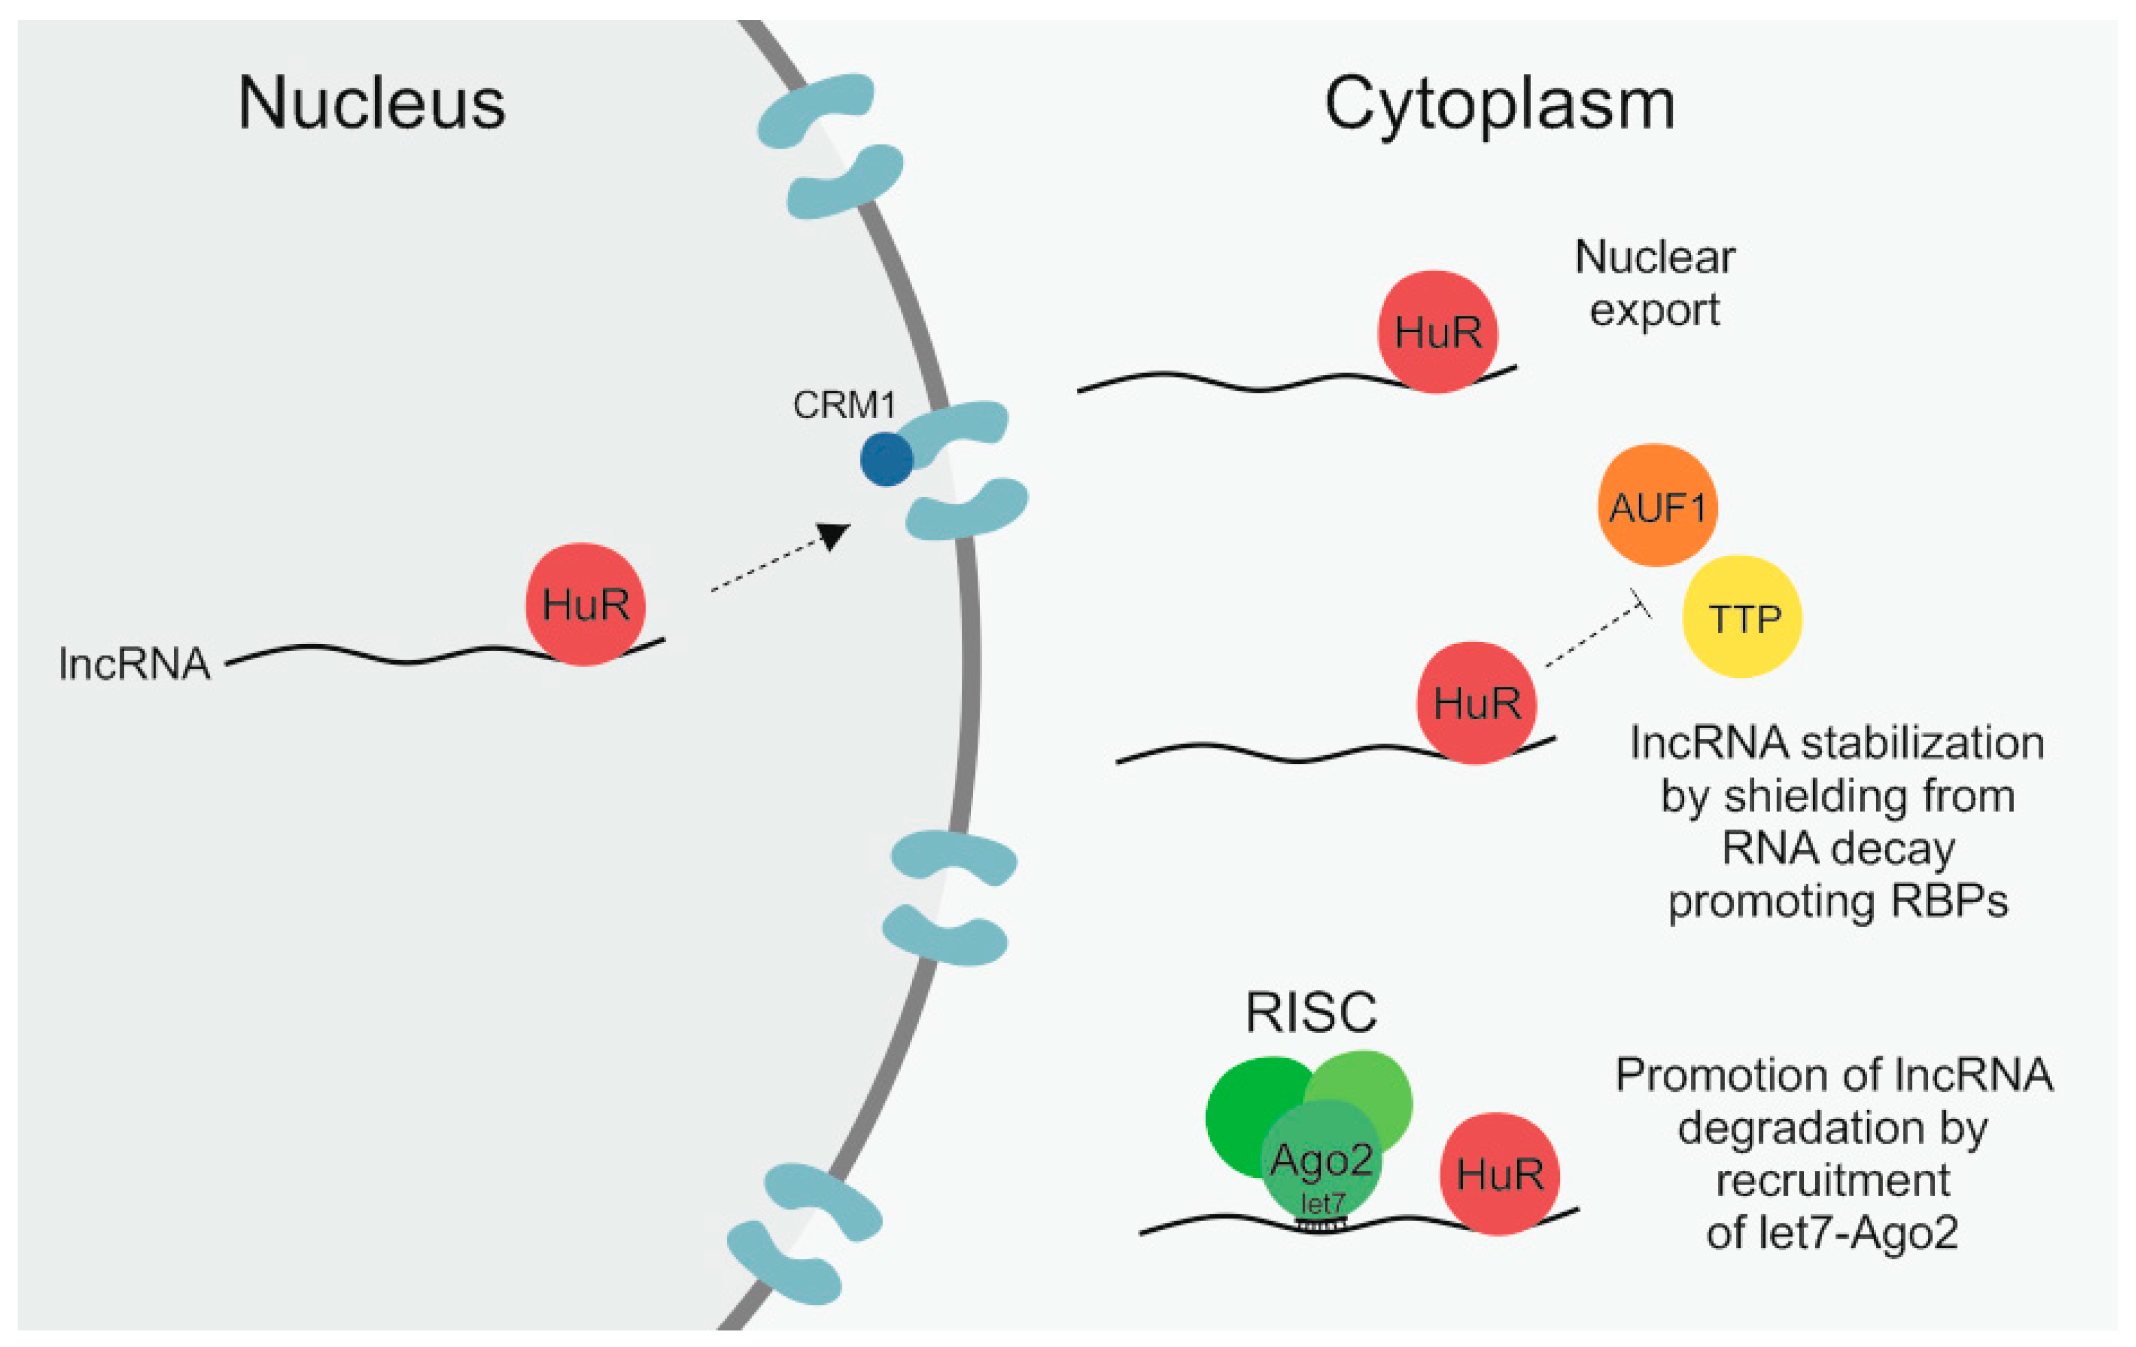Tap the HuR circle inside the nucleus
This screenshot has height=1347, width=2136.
(x=586, y=604)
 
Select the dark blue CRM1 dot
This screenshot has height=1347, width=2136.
(x=886, y=459)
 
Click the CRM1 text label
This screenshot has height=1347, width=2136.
(x=844, y=406)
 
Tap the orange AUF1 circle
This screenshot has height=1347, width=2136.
(x=1657, y=505)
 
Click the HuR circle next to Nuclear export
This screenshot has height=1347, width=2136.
(x=1437, y=331)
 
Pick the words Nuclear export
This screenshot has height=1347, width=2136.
(x=1655, y=284)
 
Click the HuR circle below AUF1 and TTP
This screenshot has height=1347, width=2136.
(x=1476, y=702)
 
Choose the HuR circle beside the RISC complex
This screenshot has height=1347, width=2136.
(x=1499, y=1173)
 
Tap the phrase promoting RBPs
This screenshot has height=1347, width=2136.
(x=1838, y=902)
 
